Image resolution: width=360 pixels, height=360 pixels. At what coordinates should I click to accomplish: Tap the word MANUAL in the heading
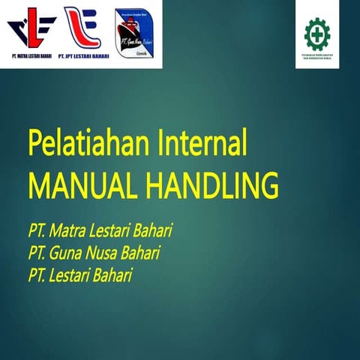[80, 184]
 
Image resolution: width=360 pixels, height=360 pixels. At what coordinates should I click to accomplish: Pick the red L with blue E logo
[82, 28]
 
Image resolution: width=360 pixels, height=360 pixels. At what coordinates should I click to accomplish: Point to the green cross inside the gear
[317, 34]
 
